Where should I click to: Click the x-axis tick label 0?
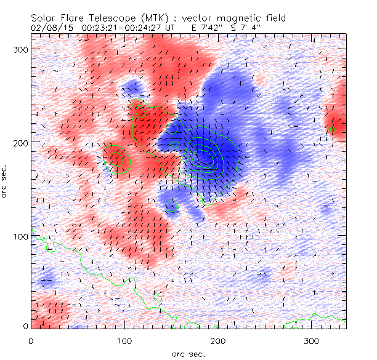click(x=31, y=340)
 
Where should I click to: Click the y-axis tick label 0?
click(x=26, y=327)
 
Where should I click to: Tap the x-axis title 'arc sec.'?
click(x=188, y=353)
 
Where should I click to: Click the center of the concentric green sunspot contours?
click(x=208, y=158)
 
